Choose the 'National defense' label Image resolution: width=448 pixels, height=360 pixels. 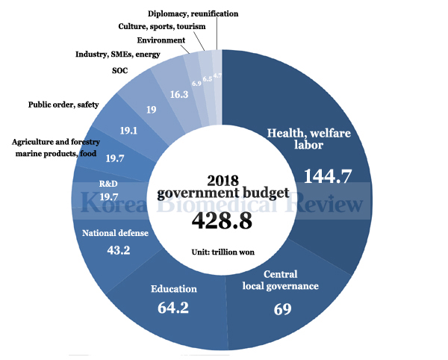pos(115,233)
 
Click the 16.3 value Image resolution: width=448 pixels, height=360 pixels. pos(179,95)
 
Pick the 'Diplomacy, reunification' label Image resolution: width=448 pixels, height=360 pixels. pos(193,13)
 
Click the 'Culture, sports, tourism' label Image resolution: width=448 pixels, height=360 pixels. pos(162,27)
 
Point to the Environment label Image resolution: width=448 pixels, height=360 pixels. pos(161,40)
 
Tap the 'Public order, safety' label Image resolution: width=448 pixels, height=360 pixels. pos(63,105)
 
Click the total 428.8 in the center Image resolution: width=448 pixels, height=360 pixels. pos(222,220)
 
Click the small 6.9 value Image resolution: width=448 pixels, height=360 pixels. pos(196,84)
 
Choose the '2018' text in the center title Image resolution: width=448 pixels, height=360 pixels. pos(222,179)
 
